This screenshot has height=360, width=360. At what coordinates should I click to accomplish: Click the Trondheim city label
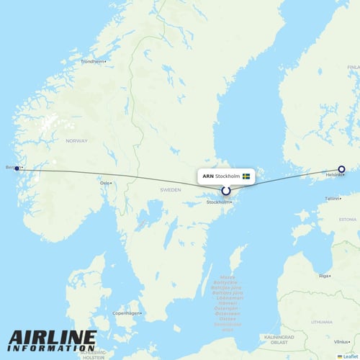pyautogui.click(x=93, y=61)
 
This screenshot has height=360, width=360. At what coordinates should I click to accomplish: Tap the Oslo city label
pyautogui.click(x=105, y=183)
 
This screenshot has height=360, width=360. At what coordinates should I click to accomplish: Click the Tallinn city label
pyautogui.click(x=331, y=198)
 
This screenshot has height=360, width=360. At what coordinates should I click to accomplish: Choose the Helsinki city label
pyautogui.click(x=334, y=175)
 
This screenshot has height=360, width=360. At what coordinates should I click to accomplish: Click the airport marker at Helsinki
pyautogui.click(x=342, y=169)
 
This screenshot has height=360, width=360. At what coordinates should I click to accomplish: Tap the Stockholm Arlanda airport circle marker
pyautogui.click(x=226, y=191)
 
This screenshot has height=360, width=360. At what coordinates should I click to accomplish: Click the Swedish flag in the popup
pyautogui.click(x=246, y=176)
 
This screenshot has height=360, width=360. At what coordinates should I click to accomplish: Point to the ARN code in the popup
pyautogui.click(x=208, y=176)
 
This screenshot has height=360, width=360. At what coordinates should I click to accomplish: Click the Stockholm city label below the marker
pyautogui.click(x=219, y=202)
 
